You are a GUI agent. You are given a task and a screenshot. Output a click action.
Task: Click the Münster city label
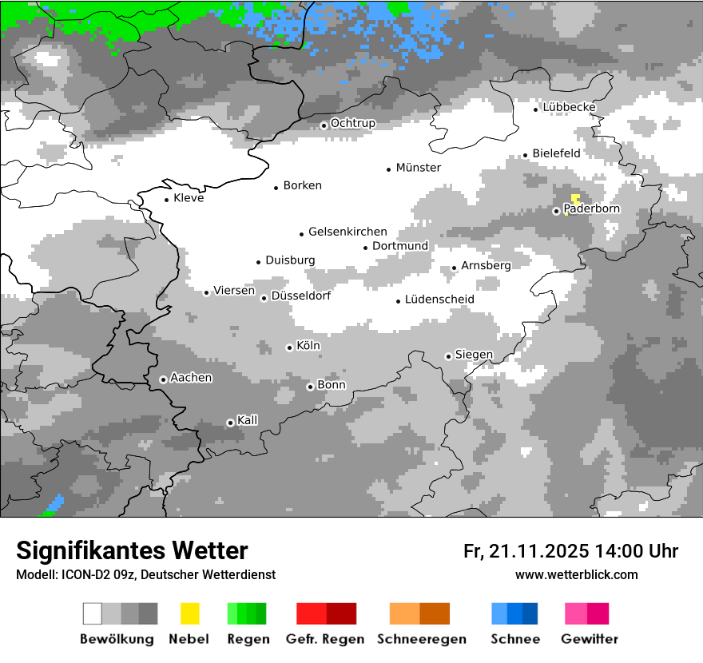(418, 168)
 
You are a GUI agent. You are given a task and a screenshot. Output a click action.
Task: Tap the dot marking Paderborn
(557, 211)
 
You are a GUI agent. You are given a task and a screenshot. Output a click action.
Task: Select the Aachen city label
(191, 378)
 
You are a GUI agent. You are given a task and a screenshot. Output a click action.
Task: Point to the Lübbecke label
(569, 107)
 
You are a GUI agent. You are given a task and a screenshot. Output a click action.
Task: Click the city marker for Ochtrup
(324, 125)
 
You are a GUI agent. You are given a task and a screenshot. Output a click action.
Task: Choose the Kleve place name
(189, 198)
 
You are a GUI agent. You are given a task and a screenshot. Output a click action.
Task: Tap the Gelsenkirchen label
(348, 232)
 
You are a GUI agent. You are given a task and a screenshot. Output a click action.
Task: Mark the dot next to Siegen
(448, 356)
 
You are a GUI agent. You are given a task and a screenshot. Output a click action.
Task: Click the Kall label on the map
(248, 420)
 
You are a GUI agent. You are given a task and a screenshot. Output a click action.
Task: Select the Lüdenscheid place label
(439, 300)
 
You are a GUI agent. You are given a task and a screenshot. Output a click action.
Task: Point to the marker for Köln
(289, 347)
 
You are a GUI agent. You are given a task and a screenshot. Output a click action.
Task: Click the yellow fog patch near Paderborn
(575, 199)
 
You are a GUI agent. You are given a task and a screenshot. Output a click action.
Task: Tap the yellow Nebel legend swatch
(189, 613)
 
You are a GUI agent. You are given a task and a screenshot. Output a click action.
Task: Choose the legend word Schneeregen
(422, 639)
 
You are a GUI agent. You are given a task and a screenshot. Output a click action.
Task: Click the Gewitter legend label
(590, 639)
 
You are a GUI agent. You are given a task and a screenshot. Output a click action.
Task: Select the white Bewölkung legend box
(93, 613)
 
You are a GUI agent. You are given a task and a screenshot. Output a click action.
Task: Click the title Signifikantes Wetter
(132, 550)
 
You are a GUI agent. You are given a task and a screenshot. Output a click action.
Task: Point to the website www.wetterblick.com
(577, 574)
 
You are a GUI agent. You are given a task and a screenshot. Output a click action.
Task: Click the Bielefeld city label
(556, 153)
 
